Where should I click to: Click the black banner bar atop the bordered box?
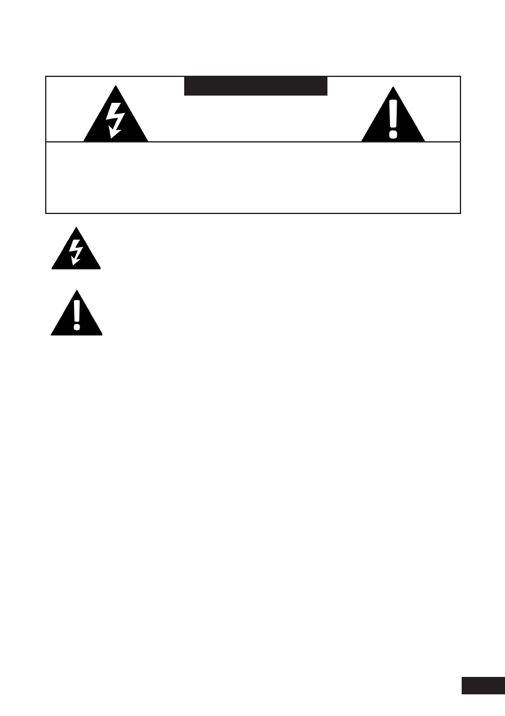255,87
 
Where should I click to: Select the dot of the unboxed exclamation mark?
76,327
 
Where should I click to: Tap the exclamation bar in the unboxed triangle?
76,311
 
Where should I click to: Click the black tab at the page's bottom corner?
483,685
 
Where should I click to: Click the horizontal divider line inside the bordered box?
253,142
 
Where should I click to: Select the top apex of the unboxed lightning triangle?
76,227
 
